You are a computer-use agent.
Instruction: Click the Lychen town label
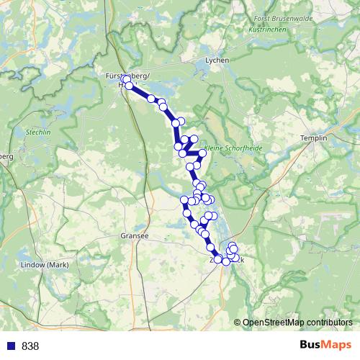(216, 60)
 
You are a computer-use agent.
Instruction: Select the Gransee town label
(135, 235)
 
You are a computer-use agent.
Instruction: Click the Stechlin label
(36, 133)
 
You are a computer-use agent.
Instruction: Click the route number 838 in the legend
(30, 346)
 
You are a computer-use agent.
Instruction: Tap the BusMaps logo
(325, 346)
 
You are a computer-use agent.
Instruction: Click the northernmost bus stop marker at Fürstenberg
(125, 79)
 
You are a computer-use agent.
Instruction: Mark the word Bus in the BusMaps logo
(311, 346)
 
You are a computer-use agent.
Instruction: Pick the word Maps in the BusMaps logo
(336, 346)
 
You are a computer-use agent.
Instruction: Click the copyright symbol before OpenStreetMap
(238, 323)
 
